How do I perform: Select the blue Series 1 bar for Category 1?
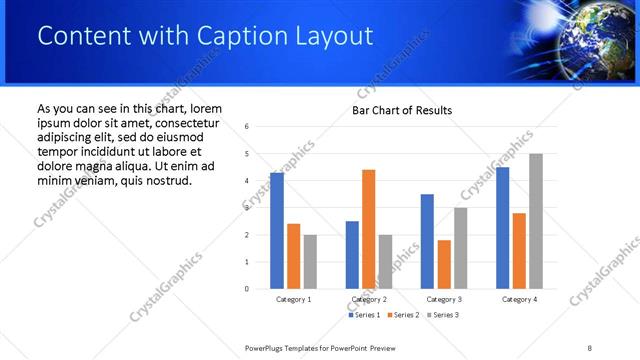pos(277,231)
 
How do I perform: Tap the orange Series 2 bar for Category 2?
pos(368,229)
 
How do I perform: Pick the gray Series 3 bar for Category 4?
pos(536,221)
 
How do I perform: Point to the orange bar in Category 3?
pos(444,264)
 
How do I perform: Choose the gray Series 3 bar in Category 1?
pos(310,262)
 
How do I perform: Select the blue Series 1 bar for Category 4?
pos(502,228)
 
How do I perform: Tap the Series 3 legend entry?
pos(443,315)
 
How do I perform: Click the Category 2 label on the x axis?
pos(369,299)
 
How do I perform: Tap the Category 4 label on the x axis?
pos(519,299)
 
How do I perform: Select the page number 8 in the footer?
pos(590,347)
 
